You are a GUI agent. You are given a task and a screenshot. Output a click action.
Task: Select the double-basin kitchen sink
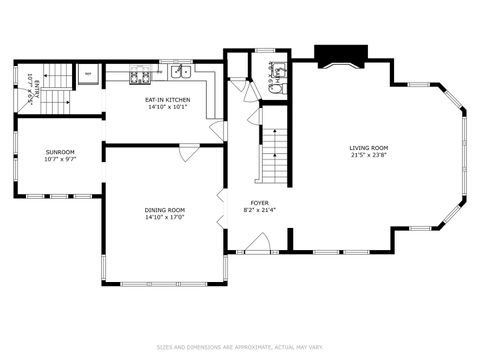pyautogui.click(x=181, y=71)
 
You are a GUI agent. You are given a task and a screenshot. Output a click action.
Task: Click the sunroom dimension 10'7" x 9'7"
pyautogui.click(x=60, y=158)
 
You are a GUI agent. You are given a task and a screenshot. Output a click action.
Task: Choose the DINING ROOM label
pyautogui.click(x=164, y=209)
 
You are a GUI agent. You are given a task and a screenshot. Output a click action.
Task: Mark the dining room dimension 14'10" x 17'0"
pyautogui.click(x=164, y=217)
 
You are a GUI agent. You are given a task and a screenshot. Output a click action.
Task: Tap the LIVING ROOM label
pyautogui.click(x=370, y=147)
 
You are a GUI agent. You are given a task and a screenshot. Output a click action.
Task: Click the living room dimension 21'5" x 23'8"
pyautogui.click(x=370, y=155)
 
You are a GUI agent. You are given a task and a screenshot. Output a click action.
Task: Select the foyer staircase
pyautogui.click(x=274, y=155)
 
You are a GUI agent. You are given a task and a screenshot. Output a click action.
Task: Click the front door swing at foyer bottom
pyautogui.click(x=258, y=241)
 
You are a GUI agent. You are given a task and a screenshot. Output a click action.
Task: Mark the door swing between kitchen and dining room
pyautogui.click(x=190, y=152)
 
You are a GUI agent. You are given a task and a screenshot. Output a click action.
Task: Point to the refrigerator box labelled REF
pyautogui.click(x=88, y=74)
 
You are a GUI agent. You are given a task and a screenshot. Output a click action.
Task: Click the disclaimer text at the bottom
pyautogui.click(x=240, y=348)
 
